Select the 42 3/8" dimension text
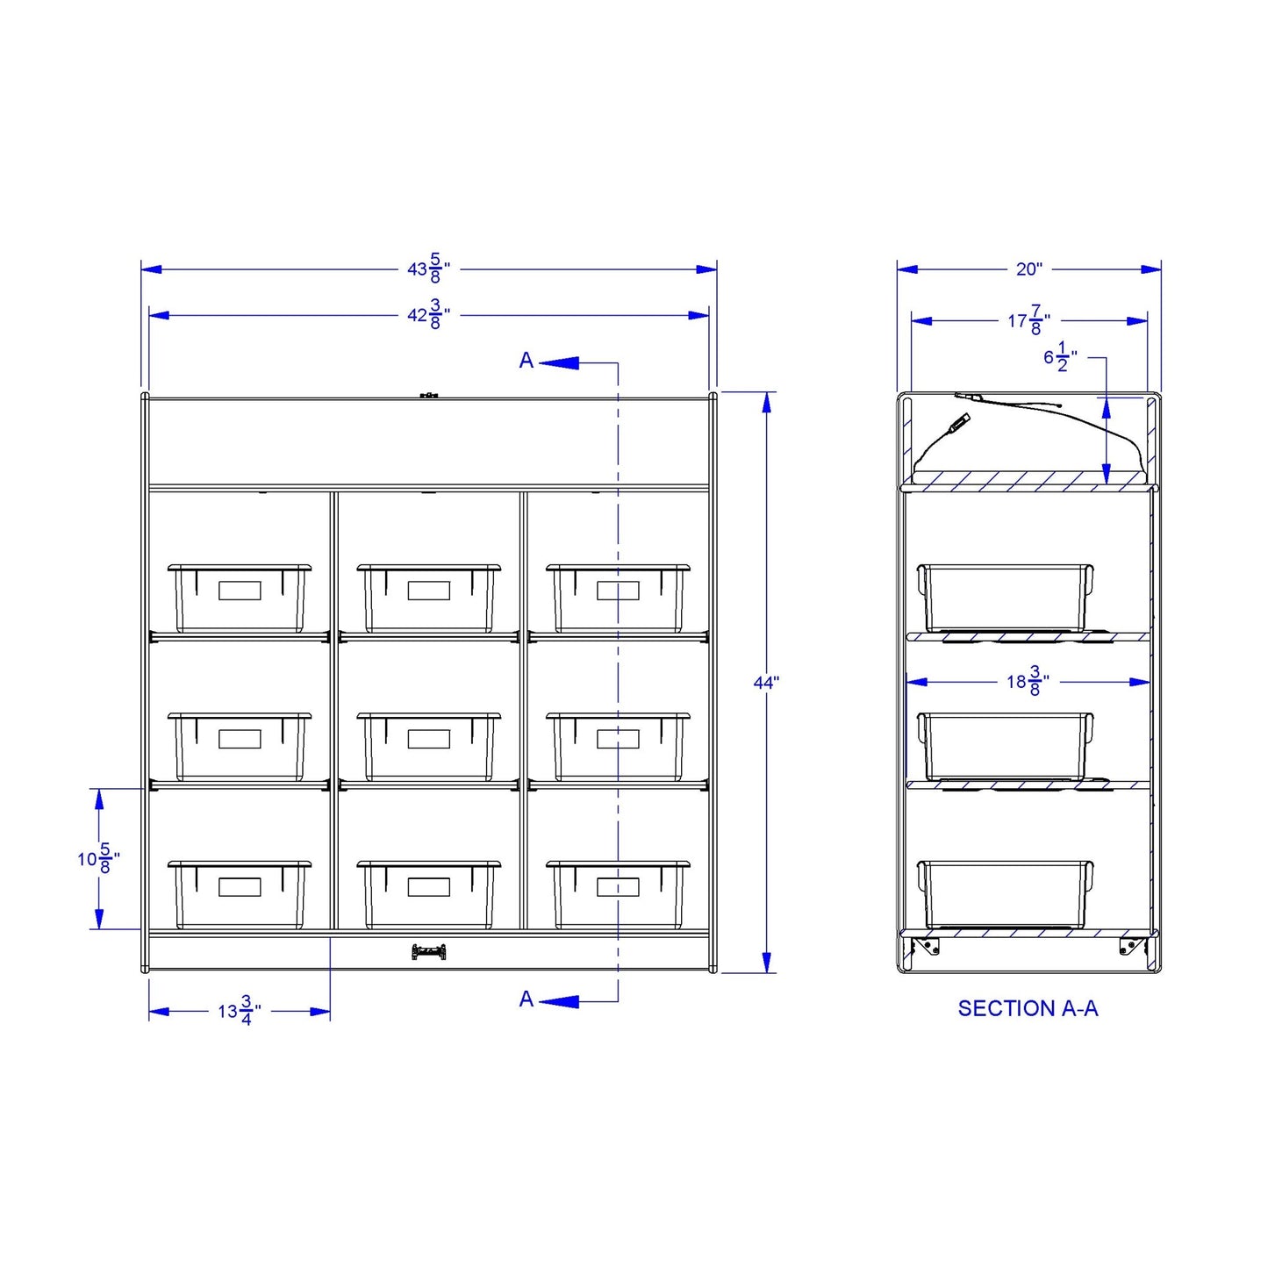428,314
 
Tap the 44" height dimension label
766,683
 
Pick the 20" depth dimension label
1029,269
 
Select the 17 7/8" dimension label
1029,320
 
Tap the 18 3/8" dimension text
1028,681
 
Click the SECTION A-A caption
1028,1008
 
